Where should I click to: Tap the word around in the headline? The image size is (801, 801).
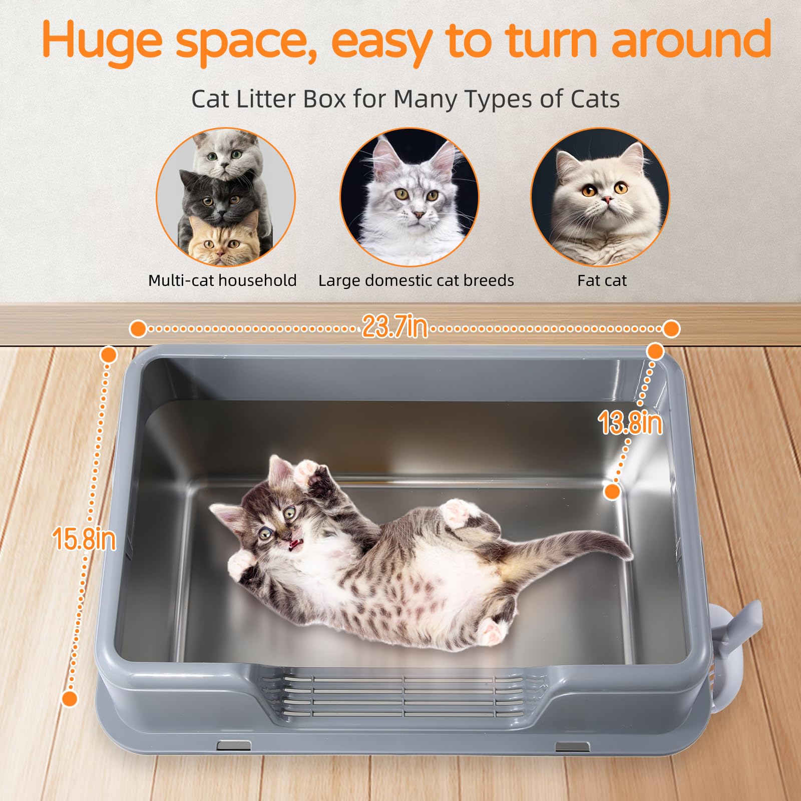(691, 39)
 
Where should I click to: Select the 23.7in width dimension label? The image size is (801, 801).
(395, 327)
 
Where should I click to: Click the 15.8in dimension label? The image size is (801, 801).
(84, 539)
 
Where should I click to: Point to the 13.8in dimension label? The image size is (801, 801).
(630, 423)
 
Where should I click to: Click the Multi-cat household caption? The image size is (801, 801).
(222, 280)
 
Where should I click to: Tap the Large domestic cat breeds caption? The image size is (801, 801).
(416, 280)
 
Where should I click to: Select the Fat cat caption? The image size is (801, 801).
(602, 280)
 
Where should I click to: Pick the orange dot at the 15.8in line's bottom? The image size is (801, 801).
(70, 699)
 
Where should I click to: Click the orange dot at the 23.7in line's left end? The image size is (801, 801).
(138, 329)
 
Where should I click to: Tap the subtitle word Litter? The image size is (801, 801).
(265, 99)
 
